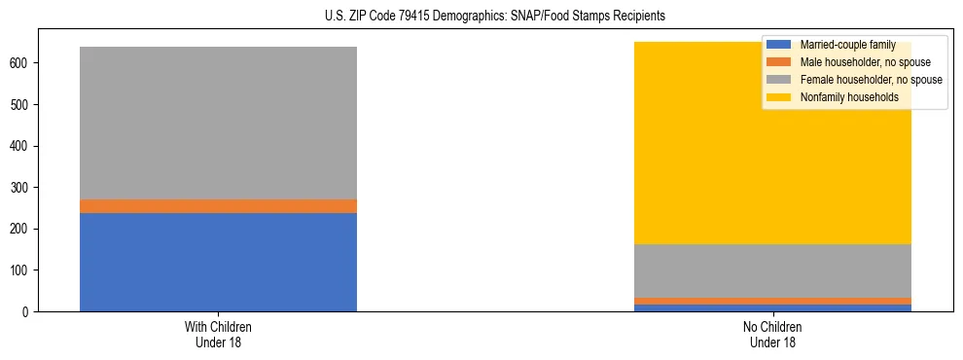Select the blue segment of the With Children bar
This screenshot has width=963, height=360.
(x=218, y=262)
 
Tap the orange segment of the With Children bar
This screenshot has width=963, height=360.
(x=218, y=206)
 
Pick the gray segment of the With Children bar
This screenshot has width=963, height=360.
(x=218, y=123)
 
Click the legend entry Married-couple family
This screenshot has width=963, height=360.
(x=847, y=45)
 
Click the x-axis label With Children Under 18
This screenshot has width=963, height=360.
(x=218, y=334)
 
